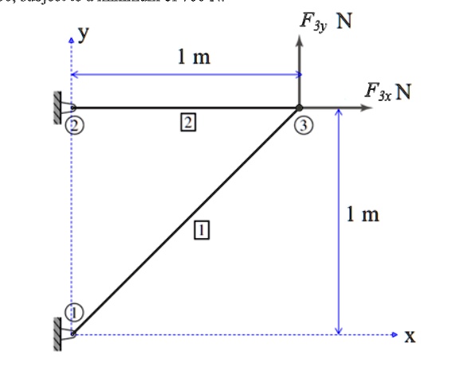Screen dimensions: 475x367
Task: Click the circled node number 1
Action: tap(73, 312)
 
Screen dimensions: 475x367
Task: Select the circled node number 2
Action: tap(74, 125)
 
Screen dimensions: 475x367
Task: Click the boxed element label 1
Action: tap(201, 231)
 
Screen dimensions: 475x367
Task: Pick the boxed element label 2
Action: tap(187, 122)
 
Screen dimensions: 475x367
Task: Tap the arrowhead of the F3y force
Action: tap(300, 41)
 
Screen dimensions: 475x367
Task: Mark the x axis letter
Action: tap(410, 337)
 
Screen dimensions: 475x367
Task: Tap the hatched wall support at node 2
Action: tap(58, 107)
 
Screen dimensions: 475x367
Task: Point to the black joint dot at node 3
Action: tap(300, 107)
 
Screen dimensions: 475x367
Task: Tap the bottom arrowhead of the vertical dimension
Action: tap(339, 330)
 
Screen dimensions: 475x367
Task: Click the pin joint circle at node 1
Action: tap(73, 334)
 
